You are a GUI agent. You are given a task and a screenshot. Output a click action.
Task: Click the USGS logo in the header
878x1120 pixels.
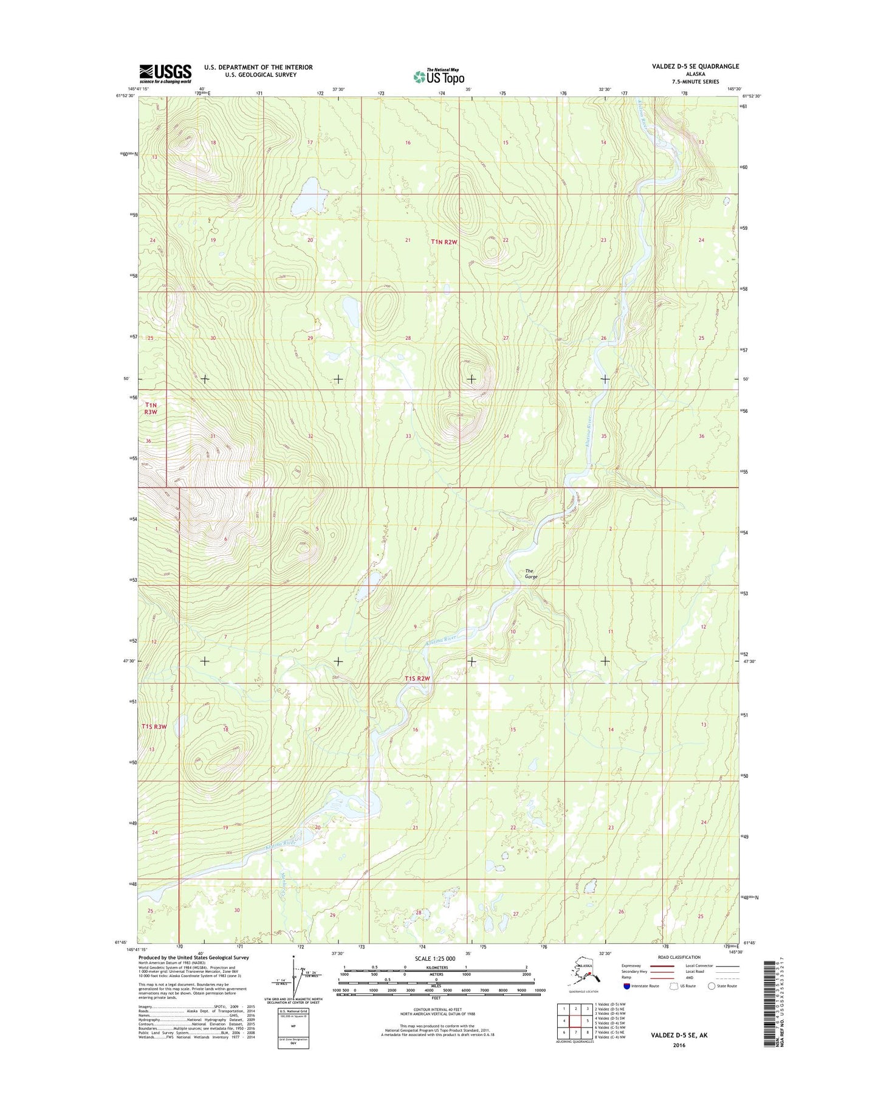click(x=165, y=74)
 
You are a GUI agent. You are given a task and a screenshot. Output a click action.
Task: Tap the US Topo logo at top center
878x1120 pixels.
click(x=439, y=76)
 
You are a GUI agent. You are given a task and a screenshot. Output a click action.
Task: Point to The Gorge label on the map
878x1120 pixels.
click(x=531, y=573)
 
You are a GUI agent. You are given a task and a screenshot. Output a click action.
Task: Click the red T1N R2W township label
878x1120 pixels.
click(x=444, y=241)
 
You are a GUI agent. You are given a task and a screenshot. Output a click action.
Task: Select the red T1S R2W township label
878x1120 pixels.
click(x=417, y=679)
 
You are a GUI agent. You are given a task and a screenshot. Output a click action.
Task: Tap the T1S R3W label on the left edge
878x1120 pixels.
click(x=154, y=726)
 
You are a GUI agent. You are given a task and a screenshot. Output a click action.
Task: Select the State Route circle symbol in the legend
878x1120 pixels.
click(x=712, y=986)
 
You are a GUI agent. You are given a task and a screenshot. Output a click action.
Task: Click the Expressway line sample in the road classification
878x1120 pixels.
click(x=662, y=966)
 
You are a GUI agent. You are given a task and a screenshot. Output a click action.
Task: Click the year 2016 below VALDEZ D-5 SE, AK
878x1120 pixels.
click(x=679, y=1045)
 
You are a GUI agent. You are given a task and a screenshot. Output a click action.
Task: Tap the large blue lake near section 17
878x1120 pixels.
click(x=310, y=195)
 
